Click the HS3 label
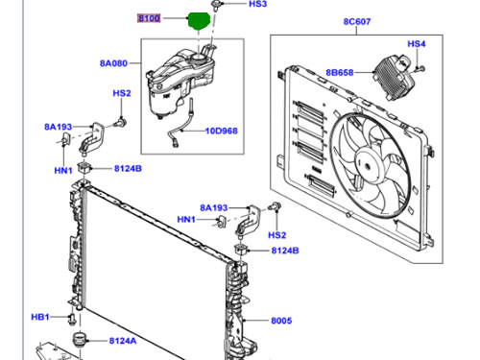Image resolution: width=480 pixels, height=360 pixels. [x=257, y=4]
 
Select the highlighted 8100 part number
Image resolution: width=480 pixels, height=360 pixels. [x=149, y=18]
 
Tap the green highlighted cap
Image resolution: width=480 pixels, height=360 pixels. [x=199, y=20]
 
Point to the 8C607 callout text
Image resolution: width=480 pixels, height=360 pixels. [x=357, y=21]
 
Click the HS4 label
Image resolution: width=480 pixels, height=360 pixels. [x=417, y=43]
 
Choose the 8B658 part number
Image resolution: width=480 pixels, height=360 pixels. [x=340, y=72]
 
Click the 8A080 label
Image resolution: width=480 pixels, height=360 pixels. [x=113, y=63]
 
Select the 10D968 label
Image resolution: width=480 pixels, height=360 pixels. [x=222, y=131]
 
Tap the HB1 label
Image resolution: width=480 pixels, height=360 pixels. [x=40, y=317]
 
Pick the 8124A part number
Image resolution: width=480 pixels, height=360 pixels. [x=123, y=341]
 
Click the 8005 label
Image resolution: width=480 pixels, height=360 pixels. [x=281, y=321]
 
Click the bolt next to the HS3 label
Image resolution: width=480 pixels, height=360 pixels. [x=215, y=5]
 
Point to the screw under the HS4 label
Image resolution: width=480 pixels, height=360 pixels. [x=420, y=68]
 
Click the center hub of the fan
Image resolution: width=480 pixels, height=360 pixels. [x=368, y=165]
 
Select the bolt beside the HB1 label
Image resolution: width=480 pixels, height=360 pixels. [x=72, y=319]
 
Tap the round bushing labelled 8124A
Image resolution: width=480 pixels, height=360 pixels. [x=79, y=339]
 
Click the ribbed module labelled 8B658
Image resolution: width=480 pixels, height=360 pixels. [x=395, y=76]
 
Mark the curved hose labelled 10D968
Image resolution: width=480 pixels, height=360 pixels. [x=180, y=127]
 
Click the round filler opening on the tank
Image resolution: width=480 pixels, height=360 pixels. [x=200, y=58]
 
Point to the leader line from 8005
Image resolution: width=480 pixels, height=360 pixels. [x=256, y=320]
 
